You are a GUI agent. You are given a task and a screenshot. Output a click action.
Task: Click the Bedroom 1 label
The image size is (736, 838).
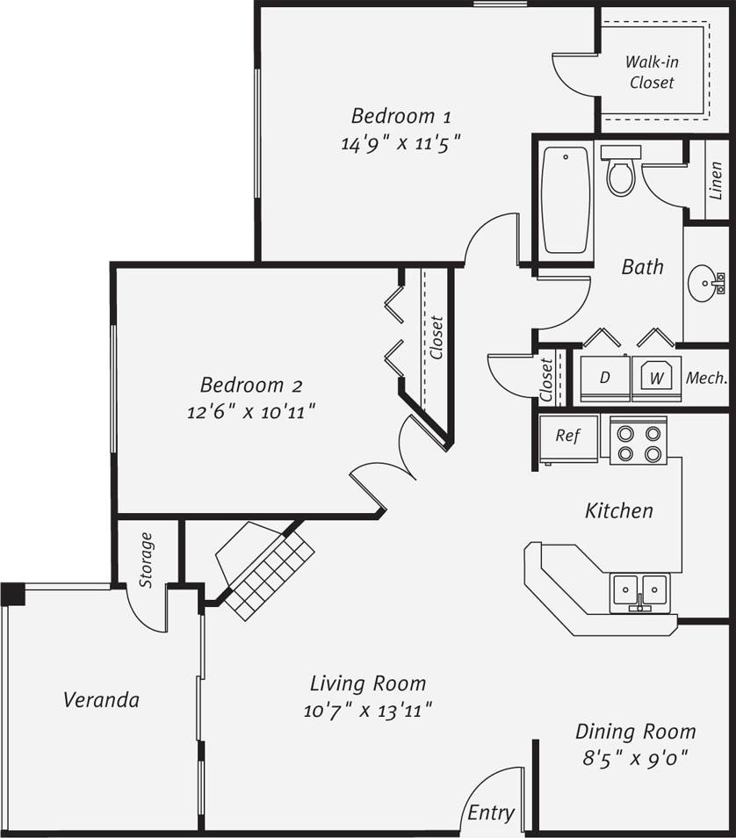tap(400, 116)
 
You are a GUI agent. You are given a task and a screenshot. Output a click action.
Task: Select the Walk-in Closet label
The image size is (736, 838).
tap(652, 72)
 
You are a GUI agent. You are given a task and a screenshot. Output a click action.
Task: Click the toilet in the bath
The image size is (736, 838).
tap(622, 170)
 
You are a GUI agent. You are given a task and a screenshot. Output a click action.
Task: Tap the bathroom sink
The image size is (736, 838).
tap(708, 284)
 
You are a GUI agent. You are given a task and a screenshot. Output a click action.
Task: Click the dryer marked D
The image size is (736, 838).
tap(604, 378)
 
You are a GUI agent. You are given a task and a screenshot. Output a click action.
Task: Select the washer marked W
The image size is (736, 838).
tap(655, 378)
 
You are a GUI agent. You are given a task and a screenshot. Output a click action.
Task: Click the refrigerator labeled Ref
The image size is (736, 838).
tap(567, 437)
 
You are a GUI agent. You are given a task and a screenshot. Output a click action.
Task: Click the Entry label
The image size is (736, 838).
tap(490, 813)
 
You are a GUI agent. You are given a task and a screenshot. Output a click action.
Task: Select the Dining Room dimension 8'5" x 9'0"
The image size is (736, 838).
tap(635, 757)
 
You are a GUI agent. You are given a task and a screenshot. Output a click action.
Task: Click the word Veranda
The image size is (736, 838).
tap(101, 700)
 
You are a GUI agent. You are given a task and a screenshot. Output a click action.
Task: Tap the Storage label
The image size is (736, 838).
tap(147, 560)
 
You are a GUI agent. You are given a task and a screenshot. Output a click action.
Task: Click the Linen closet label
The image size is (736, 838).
tap(716, 181)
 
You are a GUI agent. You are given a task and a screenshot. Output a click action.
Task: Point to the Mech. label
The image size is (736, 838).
tap(706, 378)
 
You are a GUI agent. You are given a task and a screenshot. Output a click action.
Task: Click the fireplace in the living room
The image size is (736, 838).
tap(263, 562)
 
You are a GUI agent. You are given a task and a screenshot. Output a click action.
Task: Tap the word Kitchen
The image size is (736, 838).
tap(619, 510)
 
